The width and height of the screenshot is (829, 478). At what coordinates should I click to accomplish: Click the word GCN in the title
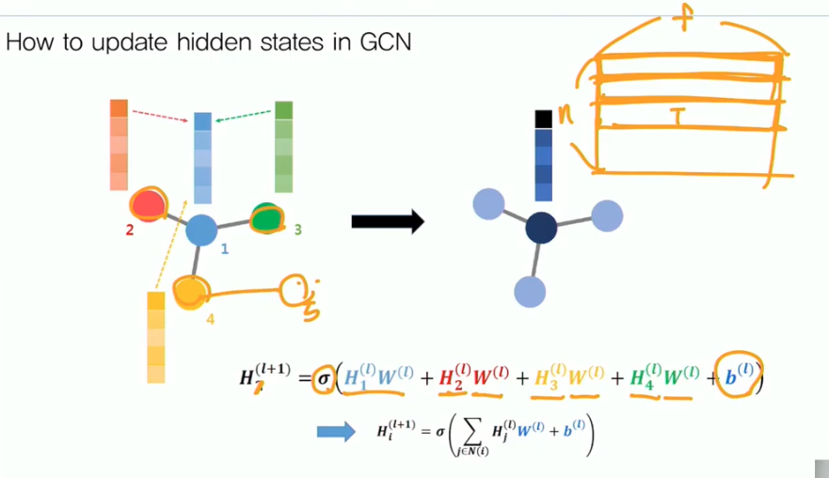[x=385, y=42]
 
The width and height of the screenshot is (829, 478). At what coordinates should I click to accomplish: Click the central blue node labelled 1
[x=202, y=230]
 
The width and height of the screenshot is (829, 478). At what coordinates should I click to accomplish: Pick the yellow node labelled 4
[x=191, y=293]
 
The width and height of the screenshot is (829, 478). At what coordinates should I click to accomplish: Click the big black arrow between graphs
[x=387, y=222]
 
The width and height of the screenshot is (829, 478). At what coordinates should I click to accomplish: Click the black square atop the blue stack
[x=543, y=119]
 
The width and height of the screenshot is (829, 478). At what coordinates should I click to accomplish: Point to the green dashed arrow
[x=244, y=116]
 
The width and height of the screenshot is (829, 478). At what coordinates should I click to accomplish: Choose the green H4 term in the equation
[x=642, y=379]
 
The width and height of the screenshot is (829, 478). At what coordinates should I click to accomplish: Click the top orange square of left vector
[x=119, y=108]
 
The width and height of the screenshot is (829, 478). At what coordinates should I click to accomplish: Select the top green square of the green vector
[x=284, y=110]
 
